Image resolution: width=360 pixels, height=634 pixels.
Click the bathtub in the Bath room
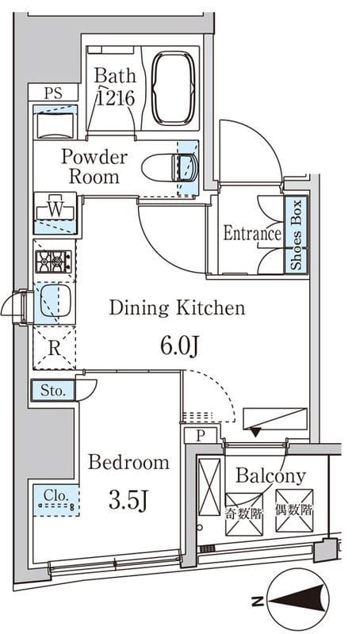click(173, 88)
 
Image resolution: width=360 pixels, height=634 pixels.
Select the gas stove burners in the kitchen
click(53, 262)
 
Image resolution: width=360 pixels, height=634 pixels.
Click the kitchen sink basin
click(56, 300)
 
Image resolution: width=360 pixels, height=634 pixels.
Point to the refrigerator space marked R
click(54, 348)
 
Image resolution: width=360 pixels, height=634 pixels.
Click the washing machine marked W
click(56, 209)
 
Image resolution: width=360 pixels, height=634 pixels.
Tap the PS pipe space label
click(53, 93)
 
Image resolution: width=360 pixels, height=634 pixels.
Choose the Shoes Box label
click(297, 235)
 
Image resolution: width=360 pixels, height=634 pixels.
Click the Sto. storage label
click(53, 391)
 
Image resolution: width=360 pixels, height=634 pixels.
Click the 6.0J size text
click(179, 346)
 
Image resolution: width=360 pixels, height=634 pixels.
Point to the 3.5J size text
click(127, 501)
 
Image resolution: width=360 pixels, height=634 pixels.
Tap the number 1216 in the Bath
click(115, 97)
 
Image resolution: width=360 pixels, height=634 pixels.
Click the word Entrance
click(252, 233)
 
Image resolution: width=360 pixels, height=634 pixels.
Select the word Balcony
click(270, 476)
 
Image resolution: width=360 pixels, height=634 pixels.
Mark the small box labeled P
click(201, 435)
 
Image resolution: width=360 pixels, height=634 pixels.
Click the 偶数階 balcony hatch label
click(294, 510)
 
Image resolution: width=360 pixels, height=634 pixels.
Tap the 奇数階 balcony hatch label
click(244, 514)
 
